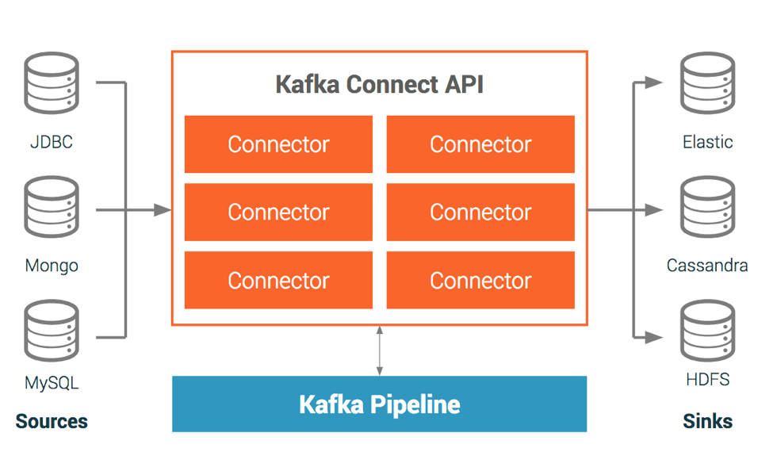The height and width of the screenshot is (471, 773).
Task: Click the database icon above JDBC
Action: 52,82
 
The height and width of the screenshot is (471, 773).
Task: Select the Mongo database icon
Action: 52,206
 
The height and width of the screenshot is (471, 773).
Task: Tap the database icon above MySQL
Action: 52,329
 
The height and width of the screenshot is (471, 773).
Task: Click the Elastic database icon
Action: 707,82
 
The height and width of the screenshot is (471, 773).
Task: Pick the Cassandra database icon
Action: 707,206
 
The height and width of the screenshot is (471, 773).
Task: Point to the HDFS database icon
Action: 707,329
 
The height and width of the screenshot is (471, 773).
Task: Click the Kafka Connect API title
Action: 379,84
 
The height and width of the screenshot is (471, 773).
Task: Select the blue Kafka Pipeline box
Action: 379,404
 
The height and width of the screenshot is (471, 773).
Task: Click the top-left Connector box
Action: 278,144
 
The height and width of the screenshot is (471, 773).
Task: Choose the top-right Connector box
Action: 480,144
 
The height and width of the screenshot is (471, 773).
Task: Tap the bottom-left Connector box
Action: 278,281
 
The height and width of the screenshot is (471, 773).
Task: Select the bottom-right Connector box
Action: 480,281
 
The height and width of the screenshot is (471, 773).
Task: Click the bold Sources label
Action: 52,421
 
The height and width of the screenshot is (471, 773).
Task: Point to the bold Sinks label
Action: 707,421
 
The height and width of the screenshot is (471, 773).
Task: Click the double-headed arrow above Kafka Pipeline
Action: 380,350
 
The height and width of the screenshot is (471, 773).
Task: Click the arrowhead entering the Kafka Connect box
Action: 163,210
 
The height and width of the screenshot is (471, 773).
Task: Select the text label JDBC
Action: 52,143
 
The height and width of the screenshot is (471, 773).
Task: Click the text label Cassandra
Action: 707,265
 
